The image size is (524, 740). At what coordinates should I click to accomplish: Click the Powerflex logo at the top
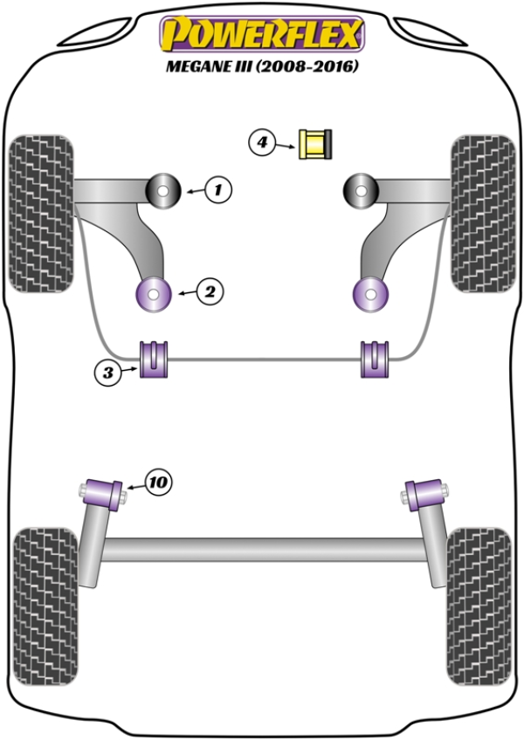click(x=261, y=33)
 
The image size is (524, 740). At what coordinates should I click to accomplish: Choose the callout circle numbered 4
click(x=262, y=141)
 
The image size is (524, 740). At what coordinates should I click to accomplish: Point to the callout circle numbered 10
click(x=158, y=480)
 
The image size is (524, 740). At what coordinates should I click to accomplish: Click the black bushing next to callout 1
click(x=162, y=190)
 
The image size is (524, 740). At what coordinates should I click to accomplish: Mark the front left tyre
click(x=40, y=213)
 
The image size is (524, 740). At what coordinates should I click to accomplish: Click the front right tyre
click(x=482, y=213)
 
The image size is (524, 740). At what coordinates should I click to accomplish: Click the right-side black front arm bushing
click(x=359, y=190)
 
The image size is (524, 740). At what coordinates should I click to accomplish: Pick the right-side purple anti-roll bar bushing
click(x=374, y=359)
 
